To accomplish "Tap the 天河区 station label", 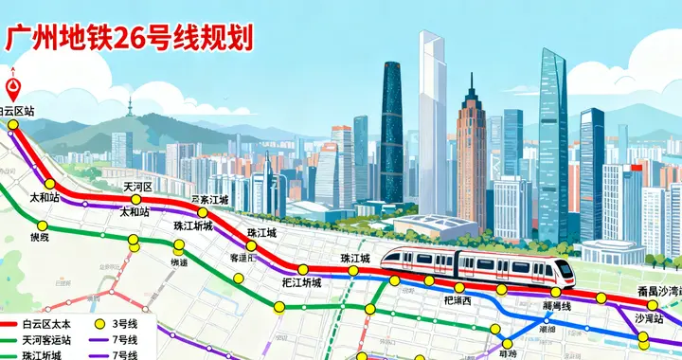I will point(138,188).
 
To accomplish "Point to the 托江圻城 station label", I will point(301,282).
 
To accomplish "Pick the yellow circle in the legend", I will point(99,324).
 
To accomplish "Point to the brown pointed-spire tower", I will point(471,156).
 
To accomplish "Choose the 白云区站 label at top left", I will point(17,111).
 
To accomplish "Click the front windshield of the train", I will point(565,268).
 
